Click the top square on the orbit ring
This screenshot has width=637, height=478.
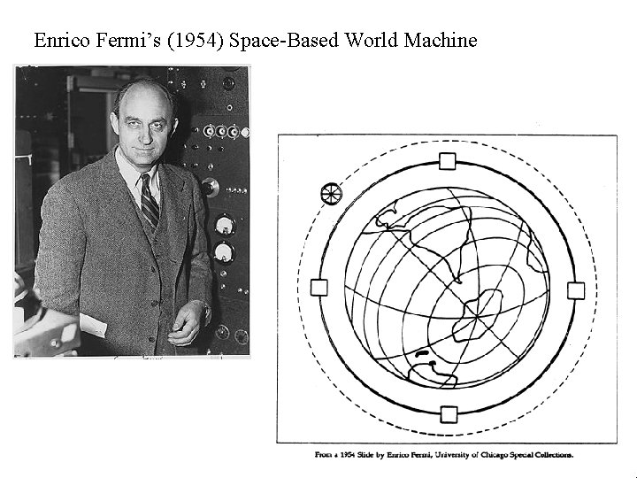[x=448, y=161]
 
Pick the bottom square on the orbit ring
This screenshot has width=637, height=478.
[x=449, y=413]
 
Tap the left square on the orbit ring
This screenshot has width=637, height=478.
[x=319, y=287]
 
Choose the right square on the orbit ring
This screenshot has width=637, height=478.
[x=575, y=289]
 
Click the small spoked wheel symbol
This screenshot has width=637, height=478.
[x=331, y=192]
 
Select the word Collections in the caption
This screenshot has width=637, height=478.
[x=549, y=455]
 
